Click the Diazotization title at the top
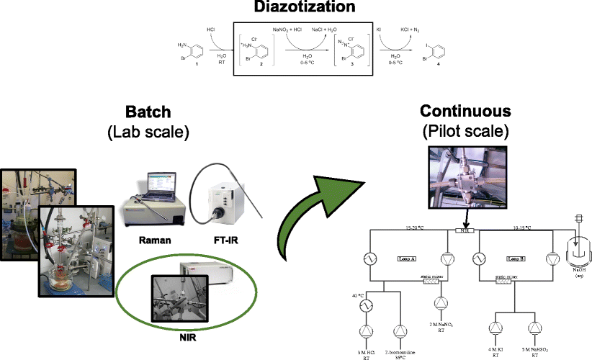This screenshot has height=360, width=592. [295, 8]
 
